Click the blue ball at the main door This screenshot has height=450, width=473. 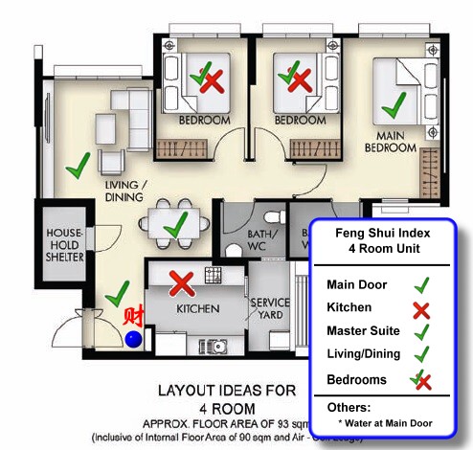tap(134, 337)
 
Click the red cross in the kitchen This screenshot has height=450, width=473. tap(181, 282)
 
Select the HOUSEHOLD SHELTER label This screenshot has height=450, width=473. tap(64, 245)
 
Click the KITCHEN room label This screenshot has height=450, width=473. tap(198, 309)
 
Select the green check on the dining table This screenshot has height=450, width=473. tap(175, 226)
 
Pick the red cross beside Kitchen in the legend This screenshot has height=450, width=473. tap(419, 308)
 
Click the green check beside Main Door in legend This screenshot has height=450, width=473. tap(419, 284)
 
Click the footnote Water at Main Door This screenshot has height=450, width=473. tap(384, 422)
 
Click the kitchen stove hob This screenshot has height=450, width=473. tap(213, 276)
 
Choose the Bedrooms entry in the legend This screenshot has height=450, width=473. tap(357, 379)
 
